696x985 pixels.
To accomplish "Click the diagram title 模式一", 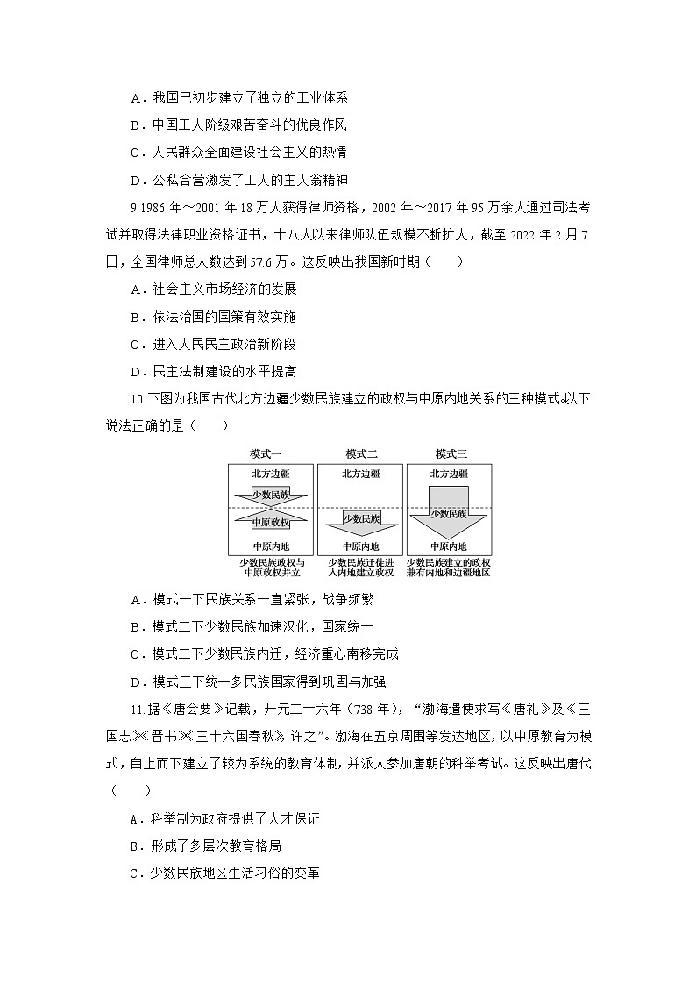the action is pyautogui.click(x=267, y=453).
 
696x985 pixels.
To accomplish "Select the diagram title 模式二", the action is pyautogui.click(x=361, y=453).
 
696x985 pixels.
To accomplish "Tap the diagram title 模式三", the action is pyautogui.click(x=451, y=453).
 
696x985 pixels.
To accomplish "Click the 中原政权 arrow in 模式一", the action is pyautogui.click(x=270, y=523).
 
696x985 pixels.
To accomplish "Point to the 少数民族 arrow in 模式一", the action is pyautogui.click(x=270, y=494).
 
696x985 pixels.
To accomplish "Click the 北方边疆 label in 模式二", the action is pyautogui.click(x=361, y=474).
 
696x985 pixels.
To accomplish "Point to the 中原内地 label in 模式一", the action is pyautogui.click(x=270, y=546).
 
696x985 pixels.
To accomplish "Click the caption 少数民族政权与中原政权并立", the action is pyautogui.click(x=270, y=567).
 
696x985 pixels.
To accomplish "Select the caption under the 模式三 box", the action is pyautogui.click(x=450, y=567).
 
